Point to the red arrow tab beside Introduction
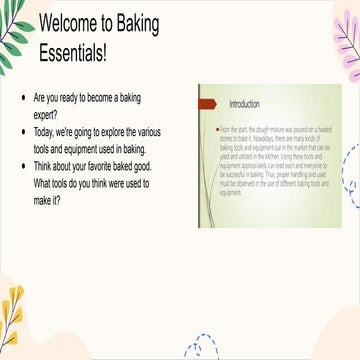click(206, 103)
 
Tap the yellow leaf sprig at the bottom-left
click(14, 320)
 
